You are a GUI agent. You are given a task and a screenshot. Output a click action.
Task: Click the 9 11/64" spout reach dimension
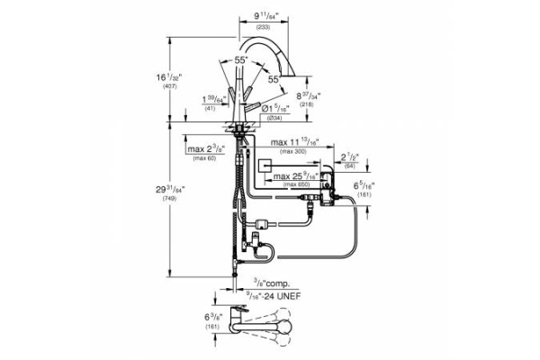(x=265, y=15)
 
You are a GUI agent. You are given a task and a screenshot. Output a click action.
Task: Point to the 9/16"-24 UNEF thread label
(x=274, y=296)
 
